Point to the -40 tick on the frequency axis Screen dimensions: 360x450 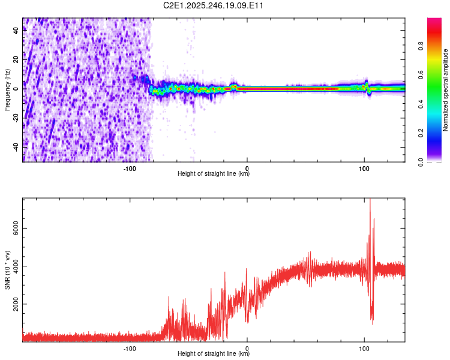click(x=16, y=146)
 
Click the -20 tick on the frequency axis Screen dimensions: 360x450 click(x=16, y=118)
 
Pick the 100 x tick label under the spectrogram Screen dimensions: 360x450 click(x=364, y=168)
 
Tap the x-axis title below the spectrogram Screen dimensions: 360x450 click(x=214, y=174)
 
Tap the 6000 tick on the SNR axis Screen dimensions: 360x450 click(x=16, y=228)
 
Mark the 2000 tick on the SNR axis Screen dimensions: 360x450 click(x=16, y=304)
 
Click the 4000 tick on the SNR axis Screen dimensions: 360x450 click(x=16, y=266)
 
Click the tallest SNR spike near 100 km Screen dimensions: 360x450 click(x=370, y=200)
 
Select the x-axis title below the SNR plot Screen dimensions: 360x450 click(x=214, y=354)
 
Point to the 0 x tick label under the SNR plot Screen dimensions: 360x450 click(x=247, y=348)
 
